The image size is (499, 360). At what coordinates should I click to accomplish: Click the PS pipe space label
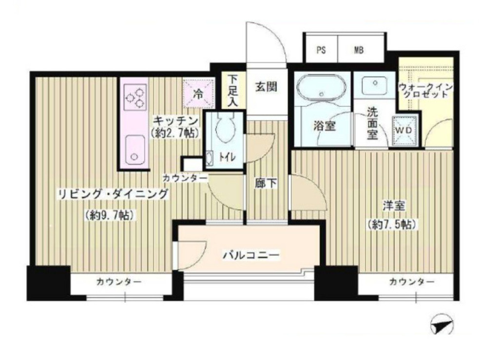(321, 50)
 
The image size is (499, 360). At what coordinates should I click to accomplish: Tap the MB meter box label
(359, 50)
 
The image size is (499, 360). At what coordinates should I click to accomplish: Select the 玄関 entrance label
(266, 87)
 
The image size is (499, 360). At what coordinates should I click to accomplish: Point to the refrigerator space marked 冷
(198, 94)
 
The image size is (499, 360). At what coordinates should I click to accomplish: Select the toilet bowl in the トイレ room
(226, 128)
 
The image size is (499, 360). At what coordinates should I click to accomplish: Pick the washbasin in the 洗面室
(375, 84)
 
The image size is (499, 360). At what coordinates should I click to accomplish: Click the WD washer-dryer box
(404, 131)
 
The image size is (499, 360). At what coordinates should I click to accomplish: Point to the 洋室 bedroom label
(394, 206)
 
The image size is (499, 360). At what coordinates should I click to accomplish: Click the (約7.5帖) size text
(391, 225)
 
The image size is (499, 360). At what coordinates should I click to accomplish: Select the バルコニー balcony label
(251, 255)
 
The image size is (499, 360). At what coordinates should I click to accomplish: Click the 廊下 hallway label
(266, 183)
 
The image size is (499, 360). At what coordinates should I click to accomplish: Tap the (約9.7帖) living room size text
(111, 215)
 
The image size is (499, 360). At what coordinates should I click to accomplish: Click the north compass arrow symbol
(442, 324)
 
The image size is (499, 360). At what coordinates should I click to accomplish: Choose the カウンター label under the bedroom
(411, 282)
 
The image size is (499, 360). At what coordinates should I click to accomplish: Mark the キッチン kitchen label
(176, 121)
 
